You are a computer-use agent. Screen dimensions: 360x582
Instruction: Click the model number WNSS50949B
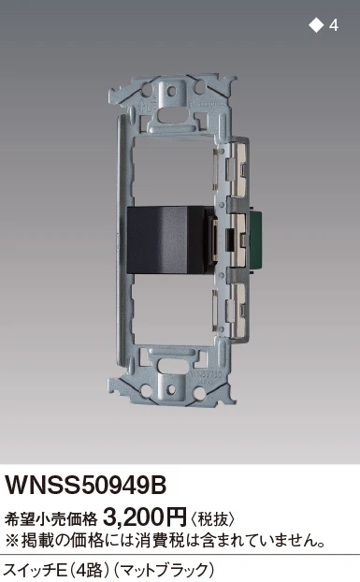click(x=85, y=486)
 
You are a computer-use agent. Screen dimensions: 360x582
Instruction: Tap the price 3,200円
click(x=145, y=517)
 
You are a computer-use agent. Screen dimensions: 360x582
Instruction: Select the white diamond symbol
click(x=316, y=25)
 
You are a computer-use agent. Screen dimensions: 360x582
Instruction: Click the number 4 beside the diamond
click(x=333, y=25)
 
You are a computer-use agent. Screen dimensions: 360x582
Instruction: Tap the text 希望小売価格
click(x=50, y=519)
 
